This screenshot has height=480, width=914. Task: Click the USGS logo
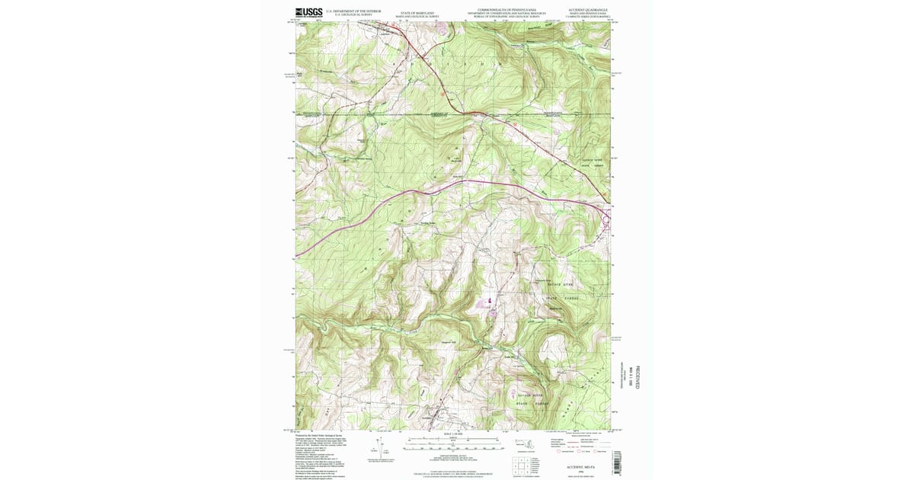[308, 12]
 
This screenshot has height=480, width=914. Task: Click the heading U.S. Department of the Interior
[353, 11]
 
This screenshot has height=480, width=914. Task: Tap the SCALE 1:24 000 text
[452, 435]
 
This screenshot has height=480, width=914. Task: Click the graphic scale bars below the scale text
[452, 443]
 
